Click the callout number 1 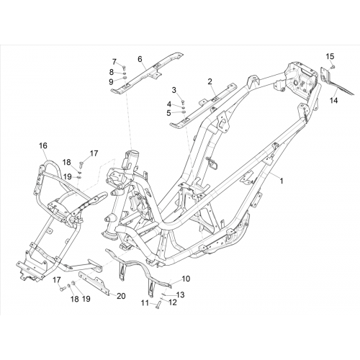(x=282, y=181)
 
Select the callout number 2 (x=210, y=81)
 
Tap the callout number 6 (x=140, y=59)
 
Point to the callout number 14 (x=333, y=100)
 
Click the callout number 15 (x=330, y=57)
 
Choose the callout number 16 (x=43, y=145)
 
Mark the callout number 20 (x=121, y=296)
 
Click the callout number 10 (x=186, y=279)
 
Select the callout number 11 (x=145, y=303)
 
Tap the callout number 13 (x=181, y=294)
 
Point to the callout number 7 (x=114, y=61)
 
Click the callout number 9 (x=111, y=82)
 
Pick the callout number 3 (x=174, y=90)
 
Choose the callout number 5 (x=168, y=113)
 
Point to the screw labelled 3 (x=182, y=102)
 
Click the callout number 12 (x=173, y=302)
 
